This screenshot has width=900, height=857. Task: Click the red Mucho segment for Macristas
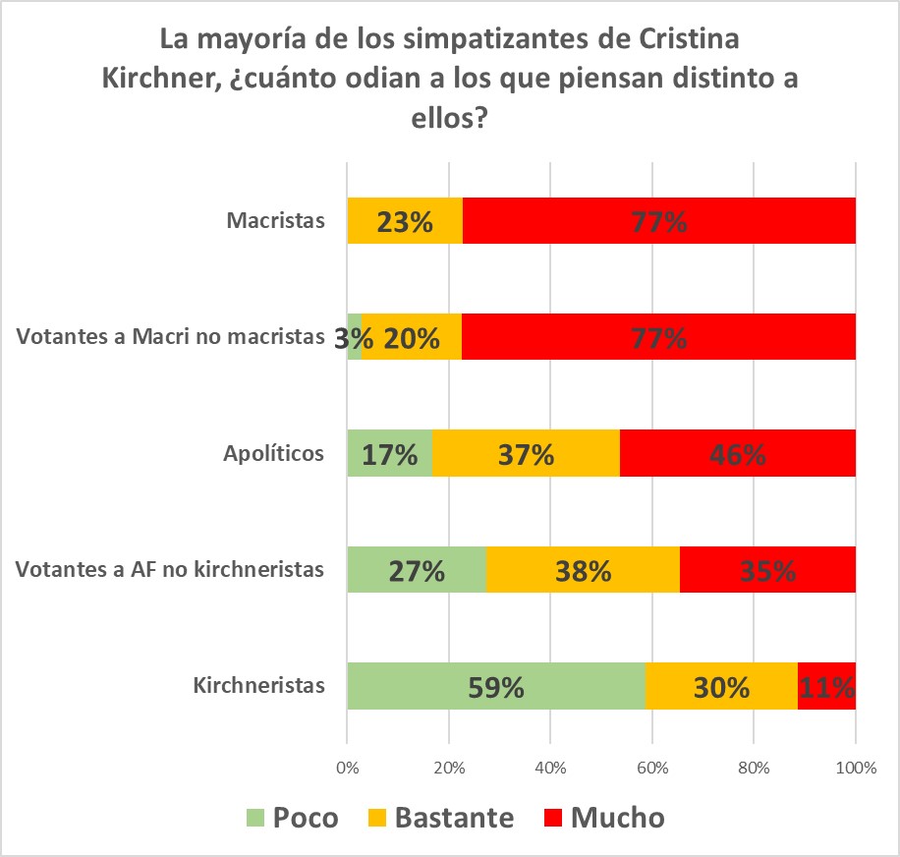tap(658, 221)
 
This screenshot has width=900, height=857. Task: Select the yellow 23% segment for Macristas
tap(405, 221)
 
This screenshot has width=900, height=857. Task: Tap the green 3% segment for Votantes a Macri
tap(355, 337)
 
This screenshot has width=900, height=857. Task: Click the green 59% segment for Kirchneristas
tap(496, 685)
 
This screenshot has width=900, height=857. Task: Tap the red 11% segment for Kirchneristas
tap(826, 685)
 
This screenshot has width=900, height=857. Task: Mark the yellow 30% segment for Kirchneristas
tap(721, 685)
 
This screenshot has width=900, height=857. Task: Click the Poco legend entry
tap(292, 818)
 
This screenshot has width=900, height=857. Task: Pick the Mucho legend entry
tap(603, 818)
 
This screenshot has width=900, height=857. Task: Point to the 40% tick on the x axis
tap(550, 768)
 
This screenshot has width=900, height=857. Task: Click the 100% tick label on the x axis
tap(855, 768)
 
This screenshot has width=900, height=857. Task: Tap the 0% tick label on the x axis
tap(347, 768)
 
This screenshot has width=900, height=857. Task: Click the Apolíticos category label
tap(274, 453)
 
